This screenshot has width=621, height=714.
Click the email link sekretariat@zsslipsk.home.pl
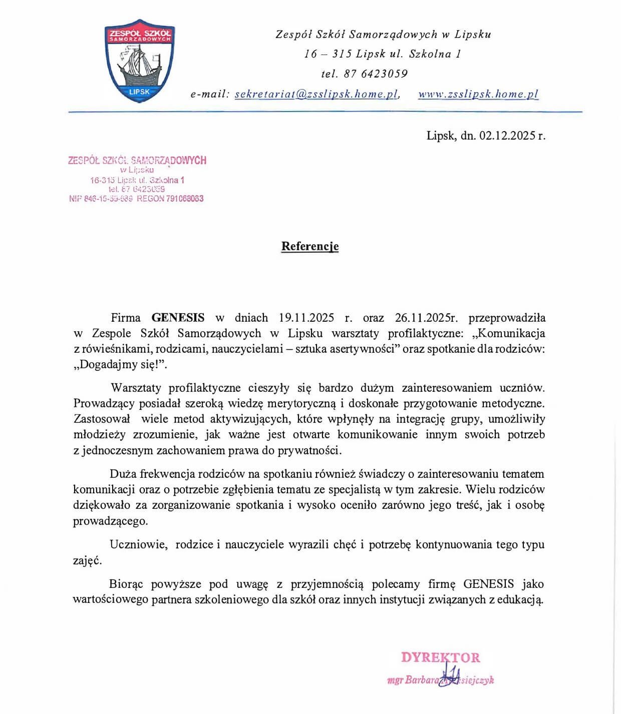point(317,94)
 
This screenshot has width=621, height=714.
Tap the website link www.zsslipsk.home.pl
point(478,94)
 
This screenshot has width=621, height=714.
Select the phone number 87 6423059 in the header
point(376,74)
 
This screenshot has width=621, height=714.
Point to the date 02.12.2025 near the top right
point(507,135)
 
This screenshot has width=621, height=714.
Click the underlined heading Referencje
point(310,246)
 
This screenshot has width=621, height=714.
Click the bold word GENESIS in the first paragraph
point(178,318)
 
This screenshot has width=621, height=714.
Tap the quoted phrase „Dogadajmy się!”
point(120,364)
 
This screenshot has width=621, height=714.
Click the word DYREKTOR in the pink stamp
point(440,657)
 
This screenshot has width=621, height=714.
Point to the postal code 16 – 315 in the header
point(328,54)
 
